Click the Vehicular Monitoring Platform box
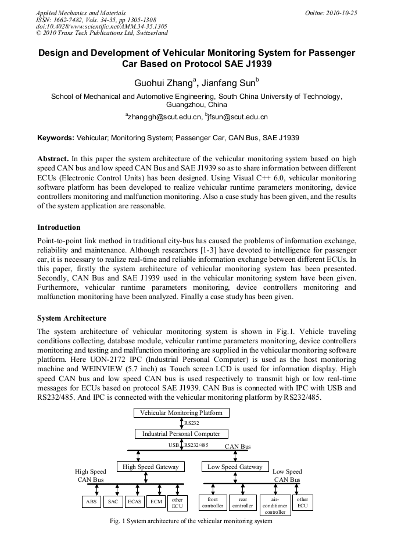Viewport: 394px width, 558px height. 181,413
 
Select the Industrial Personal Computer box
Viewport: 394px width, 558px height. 181,433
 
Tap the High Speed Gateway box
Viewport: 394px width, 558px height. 151,467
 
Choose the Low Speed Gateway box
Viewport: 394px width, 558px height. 235,467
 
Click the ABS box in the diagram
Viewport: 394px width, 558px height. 91,502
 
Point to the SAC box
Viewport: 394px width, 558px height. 113,502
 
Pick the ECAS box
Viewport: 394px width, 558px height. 134,502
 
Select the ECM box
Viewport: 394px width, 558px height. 156,502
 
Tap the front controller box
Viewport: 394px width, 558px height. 213,503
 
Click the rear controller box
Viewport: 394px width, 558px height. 243,503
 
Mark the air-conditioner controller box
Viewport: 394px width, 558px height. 275,505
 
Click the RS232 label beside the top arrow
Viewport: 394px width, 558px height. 192,423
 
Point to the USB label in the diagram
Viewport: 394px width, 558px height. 174,445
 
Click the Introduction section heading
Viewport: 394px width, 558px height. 59,228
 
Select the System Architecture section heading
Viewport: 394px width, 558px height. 71,318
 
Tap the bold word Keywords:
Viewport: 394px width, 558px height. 56,138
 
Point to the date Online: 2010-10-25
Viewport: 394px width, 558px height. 329,13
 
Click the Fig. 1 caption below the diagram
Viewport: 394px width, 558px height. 191,521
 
